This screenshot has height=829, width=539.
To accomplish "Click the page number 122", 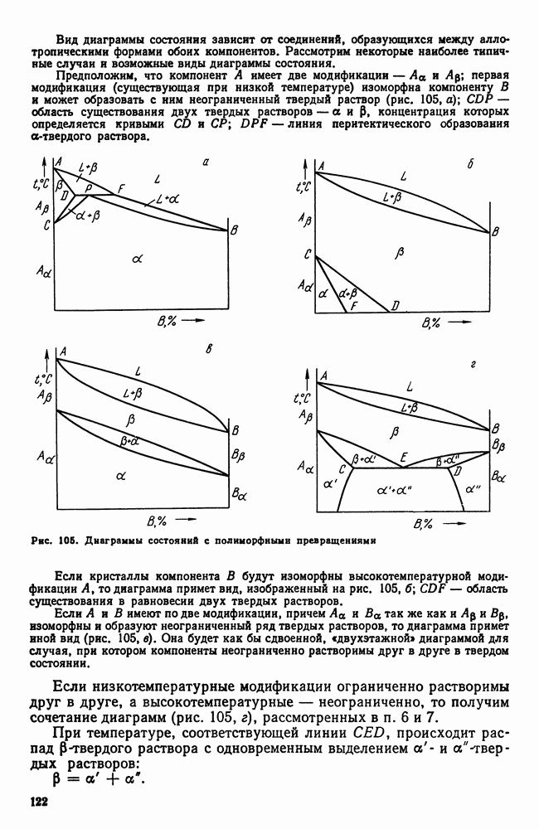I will [x=41, y=802].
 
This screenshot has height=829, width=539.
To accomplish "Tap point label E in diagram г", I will [x=403, y=456].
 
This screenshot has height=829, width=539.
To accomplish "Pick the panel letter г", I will [x=471, y=364].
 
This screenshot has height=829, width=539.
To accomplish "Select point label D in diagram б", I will [x=396, y=306].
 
